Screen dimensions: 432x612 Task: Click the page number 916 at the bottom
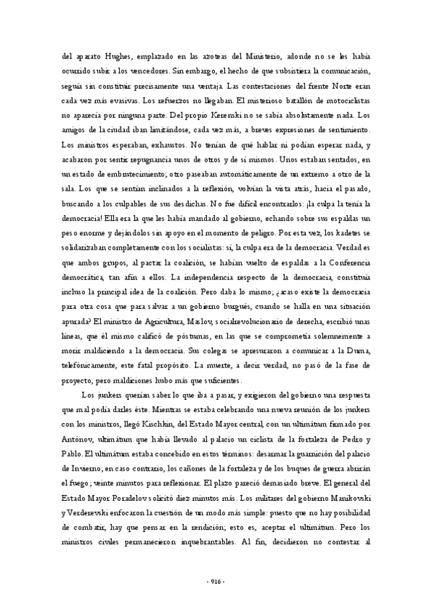point(216,582)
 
